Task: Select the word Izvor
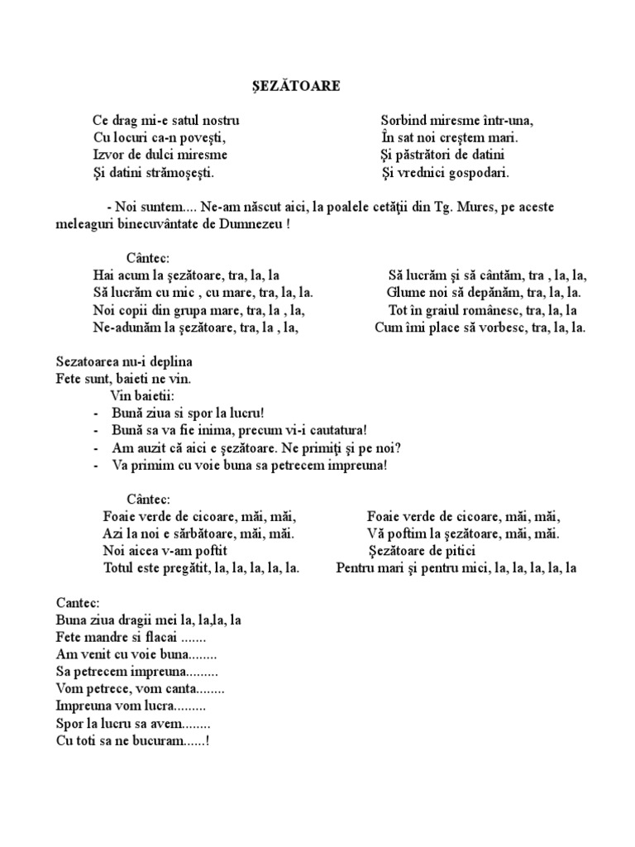[x=108, y=155]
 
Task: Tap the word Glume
[x=405, y=293]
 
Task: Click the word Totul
[x=119, y=568]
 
